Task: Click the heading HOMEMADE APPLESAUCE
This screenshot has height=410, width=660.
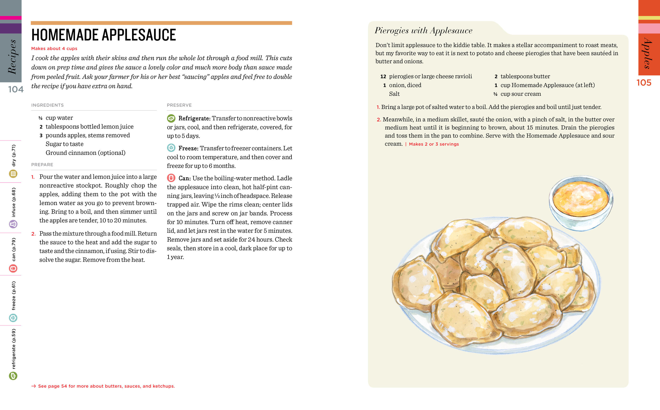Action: pos(104,35)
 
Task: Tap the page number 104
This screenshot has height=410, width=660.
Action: pos(16,89)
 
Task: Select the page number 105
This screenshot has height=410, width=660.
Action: pos(644,83)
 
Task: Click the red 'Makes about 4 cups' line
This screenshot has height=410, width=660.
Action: pos(54,48)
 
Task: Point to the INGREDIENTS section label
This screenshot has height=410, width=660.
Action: pos(47,105)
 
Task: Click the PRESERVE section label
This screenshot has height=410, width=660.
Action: pos(179,105)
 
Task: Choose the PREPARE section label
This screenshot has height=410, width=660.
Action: pos(42,165)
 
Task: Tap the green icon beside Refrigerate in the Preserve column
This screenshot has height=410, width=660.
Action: pos(171,118)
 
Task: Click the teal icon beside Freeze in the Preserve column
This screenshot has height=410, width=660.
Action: pos(171,148)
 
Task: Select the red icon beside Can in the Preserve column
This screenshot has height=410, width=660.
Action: pos(171,178)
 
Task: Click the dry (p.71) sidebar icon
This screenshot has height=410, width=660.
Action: pos(13,174)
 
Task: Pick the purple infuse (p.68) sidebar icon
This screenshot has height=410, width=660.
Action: pos(13,224)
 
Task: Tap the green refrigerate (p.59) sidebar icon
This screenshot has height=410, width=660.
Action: pos(13,376)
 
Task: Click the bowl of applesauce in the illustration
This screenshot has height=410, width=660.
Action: pos(581,202)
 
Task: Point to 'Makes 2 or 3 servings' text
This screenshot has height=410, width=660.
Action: pos(434,144)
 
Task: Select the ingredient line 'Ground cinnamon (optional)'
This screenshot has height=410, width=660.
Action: pos(85,153)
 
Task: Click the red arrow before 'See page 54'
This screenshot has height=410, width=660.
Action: pos(34,386)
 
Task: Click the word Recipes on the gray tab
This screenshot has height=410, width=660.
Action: pos(12,57)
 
